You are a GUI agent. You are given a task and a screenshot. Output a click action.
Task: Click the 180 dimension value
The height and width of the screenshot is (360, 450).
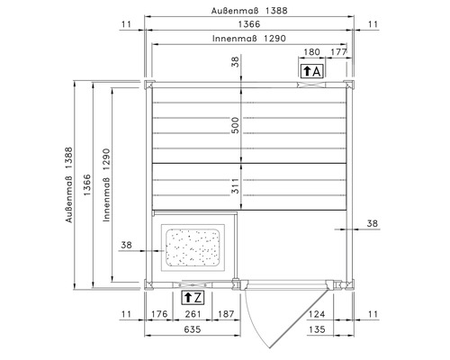point(312,52)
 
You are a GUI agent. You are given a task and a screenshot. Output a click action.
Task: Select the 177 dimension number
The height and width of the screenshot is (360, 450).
point(339,52)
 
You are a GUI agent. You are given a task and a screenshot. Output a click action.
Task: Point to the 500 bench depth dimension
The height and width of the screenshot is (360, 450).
point(235,126)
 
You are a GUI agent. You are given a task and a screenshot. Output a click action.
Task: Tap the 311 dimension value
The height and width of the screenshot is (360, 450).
point(235,187)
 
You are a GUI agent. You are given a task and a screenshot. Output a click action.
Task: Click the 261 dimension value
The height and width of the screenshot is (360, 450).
point(193,314)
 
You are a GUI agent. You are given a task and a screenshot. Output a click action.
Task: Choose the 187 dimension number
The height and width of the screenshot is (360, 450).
point(225,314)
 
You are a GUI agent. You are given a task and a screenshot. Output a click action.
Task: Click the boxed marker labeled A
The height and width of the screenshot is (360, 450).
point(312,70)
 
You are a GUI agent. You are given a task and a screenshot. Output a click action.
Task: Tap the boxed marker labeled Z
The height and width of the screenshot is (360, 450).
point(193,296)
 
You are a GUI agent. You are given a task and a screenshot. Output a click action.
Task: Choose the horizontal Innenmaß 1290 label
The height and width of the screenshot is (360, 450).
point(247,40)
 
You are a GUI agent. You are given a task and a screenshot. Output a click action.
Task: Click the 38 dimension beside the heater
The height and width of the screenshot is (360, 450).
point(126,245)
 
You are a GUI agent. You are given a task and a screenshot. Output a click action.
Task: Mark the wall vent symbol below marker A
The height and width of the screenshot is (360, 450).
point(312,85)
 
